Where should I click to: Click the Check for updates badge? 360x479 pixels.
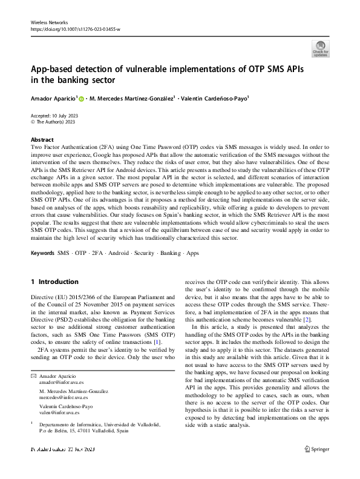(320, 48)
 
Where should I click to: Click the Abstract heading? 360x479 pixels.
(42, 139)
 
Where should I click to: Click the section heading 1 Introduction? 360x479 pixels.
(54, 282)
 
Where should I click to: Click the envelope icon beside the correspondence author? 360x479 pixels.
(33, 377)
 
